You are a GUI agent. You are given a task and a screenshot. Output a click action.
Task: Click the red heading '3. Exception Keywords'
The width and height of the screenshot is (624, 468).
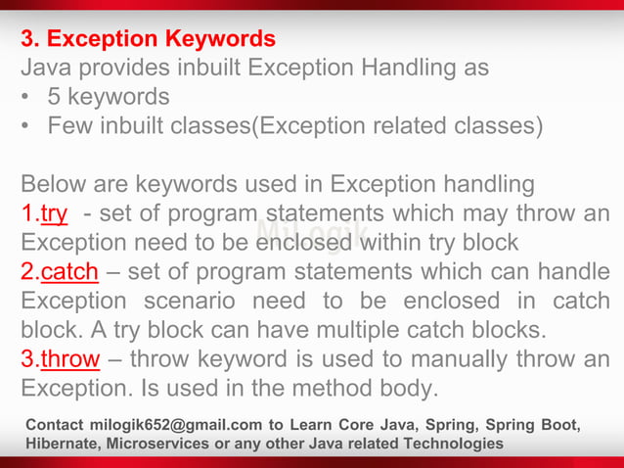coord(149,40)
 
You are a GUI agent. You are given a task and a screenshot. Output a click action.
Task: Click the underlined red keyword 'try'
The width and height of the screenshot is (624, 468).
coord(54,213)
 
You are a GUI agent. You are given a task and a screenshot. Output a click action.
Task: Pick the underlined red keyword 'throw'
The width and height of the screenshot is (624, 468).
coord(70,359)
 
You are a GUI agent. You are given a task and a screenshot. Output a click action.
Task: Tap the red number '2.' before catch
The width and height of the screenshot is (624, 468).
coord(30,271)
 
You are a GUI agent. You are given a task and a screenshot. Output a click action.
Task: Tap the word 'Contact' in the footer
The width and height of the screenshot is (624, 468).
coord(56,425)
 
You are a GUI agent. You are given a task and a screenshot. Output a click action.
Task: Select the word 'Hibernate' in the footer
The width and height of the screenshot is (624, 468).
coord(63,445)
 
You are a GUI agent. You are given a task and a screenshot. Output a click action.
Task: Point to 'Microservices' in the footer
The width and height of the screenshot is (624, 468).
coord(157,445)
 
